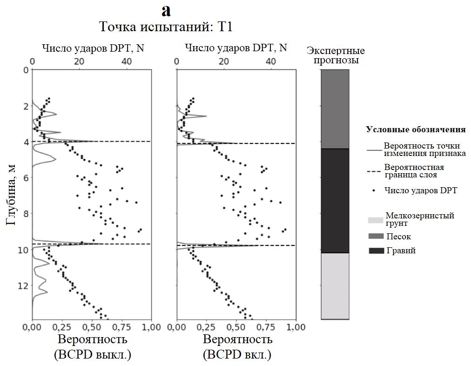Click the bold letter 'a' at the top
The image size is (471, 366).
click(x=166, y=10)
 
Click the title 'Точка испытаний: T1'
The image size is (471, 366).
click(x=166, y=27)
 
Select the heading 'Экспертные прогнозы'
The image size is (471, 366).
click(x=336, y=55)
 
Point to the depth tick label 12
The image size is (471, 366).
click(x=26, y=285)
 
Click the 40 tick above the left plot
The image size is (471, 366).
click(x=126, y=61)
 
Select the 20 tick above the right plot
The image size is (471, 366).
click(x=224, y=61)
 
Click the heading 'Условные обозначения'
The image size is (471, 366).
click(x=416, y=129)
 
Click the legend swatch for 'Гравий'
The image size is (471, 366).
click(x=376, y=251)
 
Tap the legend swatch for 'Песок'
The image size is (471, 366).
click(x=376, y=237)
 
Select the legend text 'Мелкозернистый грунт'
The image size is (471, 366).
click(x=419, y=219)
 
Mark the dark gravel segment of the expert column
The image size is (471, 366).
click(x=335, y=200)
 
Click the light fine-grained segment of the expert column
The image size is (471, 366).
click(x=335, y=285)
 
